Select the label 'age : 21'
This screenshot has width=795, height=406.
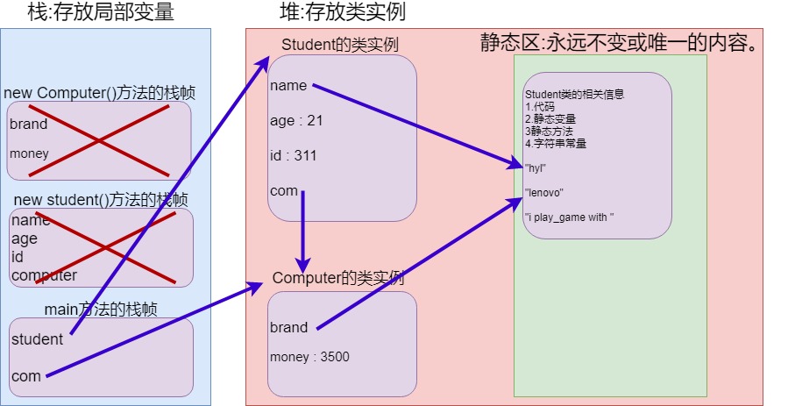pyautogui.click(x=296, y=120)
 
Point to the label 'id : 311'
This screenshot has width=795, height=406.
pyautogui.click(x=293, y=155)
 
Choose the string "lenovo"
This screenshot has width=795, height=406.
pyautogui.click(x=544, y=192)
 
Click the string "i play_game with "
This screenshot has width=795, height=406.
pyautogui.click(x=569, y=217)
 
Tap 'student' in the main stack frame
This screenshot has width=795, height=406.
pyautogui.click(x=37, y=339)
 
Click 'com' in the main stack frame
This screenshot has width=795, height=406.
pyautogui.click(x=26, y=376)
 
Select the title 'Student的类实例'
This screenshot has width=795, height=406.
pyautogui.click(x=340, y=45)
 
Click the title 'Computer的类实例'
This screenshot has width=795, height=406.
pyautogui.click(x=337, y=278)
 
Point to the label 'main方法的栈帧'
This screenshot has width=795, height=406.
pyautogui.click(x=101, y=309)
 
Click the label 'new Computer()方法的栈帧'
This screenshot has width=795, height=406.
pyautogui.click(x=99, y=94)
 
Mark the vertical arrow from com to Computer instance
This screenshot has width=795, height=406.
pyautogui.click(x=302, y=232)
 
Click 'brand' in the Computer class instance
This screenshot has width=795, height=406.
pyautogui.click(x=288, y=327)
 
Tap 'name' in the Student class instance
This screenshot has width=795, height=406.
pyautogui.click(x=288, y=85)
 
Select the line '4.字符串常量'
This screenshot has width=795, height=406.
pyautogui.click(x=556, y=142)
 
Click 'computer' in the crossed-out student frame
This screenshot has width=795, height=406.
pyautogui.click(x=44, y=275)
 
